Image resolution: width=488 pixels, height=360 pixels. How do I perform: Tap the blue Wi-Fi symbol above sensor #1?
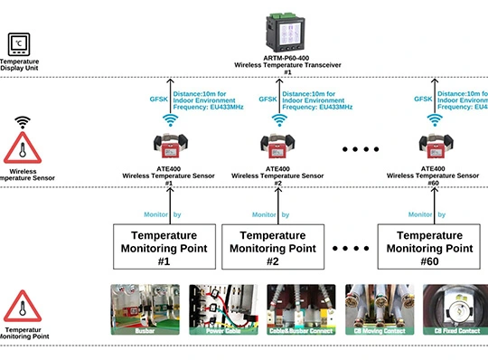[x=168, y=119]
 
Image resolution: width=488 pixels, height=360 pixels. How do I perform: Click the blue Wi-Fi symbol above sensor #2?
[x=280, y=119]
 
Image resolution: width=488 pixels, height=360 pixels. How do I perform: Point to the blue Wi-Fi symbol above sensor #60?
[x=435, y=119]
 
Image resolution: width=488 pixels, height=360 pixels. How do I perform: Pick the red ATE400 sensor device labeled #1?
[x=168, y=145]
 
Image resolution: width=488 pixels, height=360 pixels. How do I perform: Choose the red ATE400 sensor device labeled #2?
[x=279, y=145]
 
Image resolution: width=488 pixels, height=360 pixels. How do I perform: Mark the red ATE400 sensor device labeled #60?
[x=434, y=145]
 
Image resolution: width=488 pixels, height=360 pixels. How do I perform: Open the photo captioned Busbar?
[x=145, y=310]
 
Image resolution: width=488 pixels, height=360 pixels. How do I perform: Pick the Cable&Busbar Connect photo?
[x=301, y=310]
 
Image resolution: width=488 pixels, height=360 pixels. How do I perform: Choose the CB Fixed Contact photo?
[x=455, y=310]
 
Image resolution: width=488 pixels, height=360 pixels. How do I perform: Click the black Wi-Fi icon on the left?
[x=22, y=120]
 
